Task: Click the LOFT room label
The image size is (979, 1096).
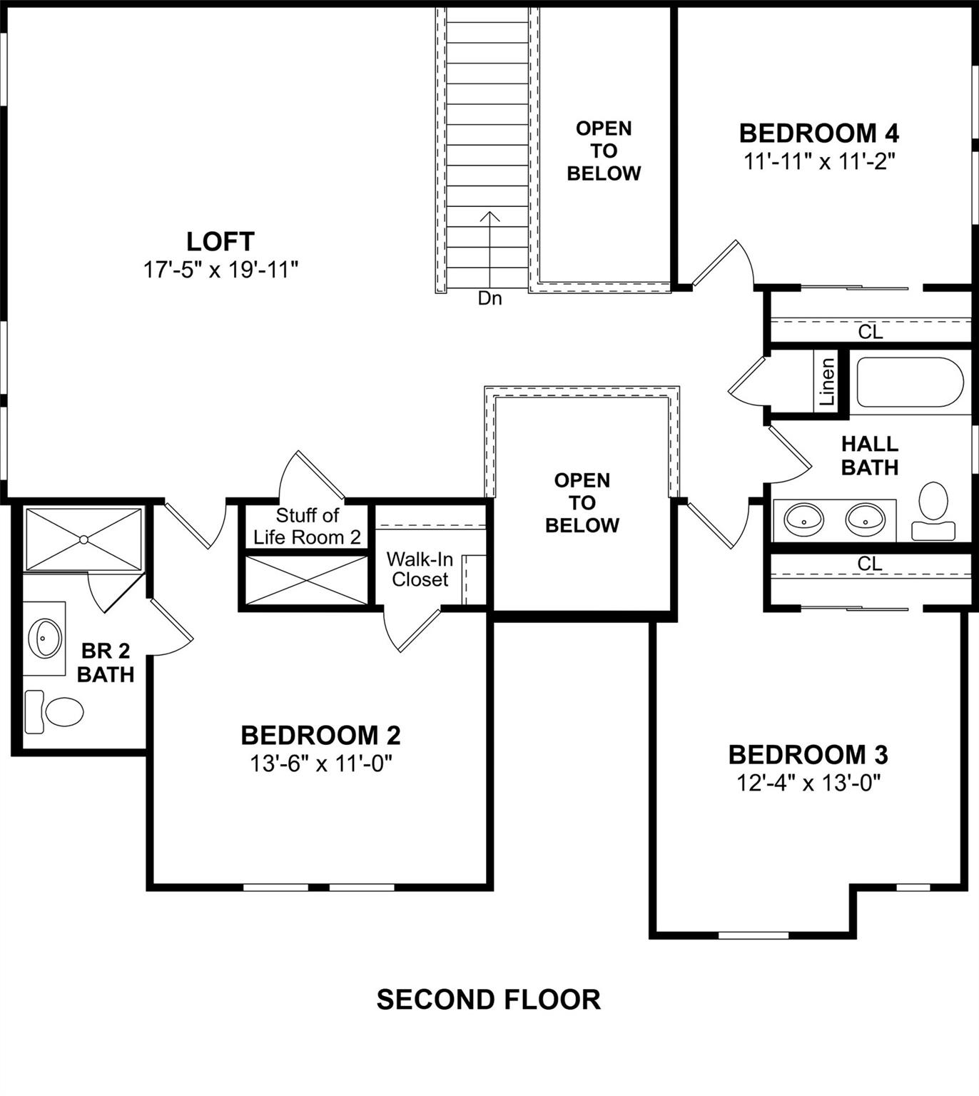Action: tap(220, 241)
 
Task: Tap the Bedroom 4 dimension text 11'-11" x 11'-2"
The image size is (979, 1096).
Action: tap(819, 162)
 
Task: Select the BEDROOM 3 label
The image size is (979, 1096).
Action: tap(808, 754)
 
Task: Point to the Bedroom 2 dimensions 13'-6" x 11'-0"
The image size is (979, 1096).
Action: tap(321, 764)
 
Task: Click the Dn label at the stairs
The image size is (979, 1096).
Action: tap(489, 298)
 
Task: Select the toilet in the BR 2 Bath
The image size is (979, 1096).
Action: tap(56, 711)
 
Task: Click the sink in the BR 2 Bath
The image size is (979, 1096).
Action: tap(45, 638)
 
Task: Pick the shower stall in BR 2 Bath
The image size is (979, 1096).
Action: tap(83, 539)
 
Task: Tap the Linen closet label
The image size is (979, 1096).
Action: tap(826, 382)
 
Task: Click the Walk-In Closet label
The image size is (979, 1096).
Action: tap(420, 569)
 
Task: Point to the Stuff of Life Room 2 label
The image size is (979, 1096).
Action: tap(307, 526)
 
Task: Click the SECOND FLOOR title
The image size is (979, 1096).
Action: tap(489, 1000)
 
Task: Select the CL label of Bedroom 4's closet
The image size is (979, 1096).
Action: tap(870, 331)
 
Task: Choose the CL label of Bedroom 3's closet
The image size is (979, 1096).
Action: tap(869, 563)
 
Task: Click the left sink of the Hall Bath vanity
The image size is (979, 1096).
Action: tap(803, 519)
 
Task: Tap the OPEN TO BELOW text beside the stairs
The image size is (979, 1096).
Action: tap(604, 151)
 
